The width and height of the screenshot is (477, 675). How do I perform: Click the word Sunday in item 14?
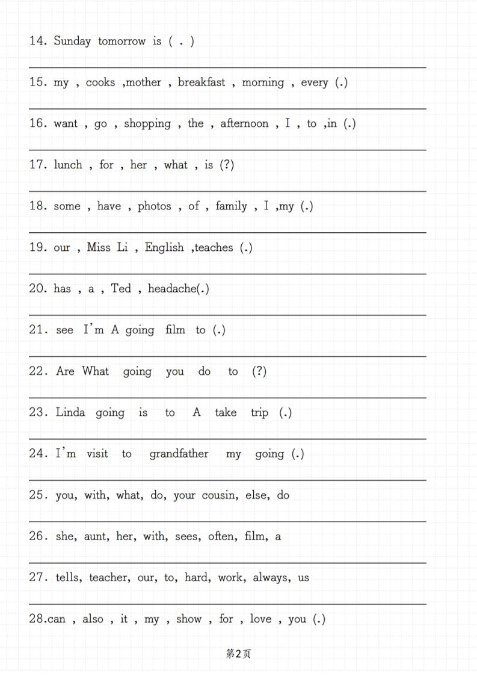point(72,42)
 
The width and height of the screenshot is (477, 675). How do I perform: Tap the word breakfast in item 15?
point(202,82)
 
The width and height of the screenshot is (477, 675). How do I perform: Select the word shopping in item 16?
point(147,124)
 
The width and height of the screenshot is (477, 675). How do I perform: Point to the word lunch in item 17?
point(68,165)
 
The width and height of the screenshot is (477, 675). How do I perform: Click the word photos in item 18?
point(155,206)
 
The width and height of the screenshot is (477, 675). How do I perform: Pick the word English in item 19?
point(164,248)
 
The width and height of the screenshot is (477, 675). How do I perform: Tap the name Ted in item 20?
point(121,289)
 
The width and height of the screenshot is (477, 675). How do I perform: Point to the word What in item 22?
point(96,371)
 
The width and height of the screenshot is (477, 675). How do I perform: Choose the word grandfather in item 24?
point(179,454)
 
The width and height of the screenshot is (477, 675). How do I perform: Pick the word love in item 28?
point(260,619)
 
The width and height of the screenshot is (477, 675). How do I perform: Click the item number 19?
point(37,248)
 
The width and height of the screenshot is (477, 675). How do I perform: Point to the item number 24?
point(37,454)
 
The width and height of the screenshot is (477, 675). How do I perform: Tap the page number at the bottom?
point(238,654)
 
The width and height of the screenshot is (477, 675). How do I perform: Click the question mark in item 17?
point(227,165)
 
